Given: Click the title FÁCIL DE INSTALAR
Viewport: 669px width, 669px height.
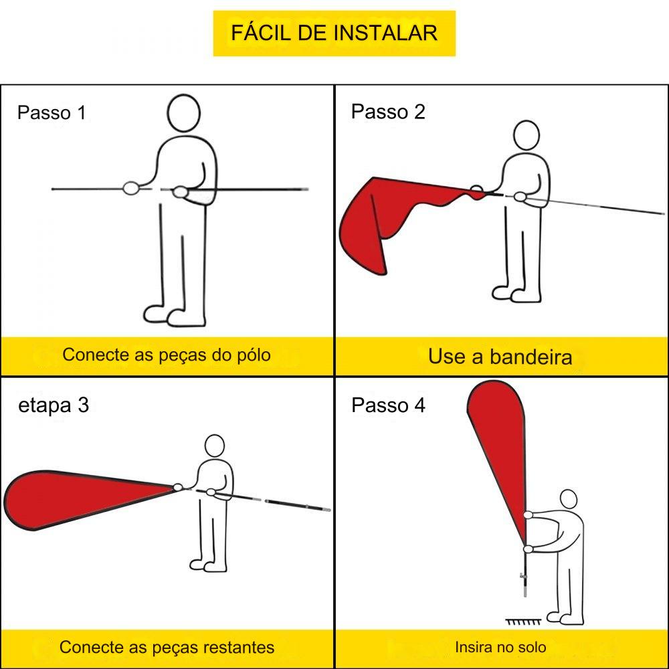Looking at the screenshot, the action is (334, 33).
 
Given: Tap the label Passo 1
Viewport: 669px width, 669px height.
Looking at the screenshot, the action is (52, 113).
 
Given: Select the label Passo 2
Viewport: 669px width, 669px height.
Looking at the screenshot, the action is (388, 112).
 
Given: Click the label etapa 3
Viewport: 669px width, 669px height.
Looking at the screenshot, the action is (54, 405).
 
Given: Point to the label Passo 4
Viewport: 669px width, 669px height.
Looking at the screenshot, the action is (388, 405).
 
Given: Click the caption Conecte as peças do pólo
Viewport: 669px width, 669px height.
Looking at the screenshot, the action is (167, 355).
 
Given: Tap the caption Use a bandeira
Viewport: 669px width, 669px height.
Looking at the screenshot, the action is (500, 357).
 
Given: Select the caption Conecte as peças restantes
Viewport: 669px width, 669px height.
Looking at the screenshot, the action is (167, 647).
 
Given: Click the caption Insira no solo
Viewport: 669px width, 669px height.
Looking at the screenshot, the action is (500, 647).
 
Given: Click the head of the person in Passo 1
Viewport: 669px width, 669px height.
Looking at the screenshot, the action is (184, 113).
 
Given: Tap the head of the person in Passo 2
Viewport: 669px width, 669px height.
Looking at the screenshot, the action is (527, 135).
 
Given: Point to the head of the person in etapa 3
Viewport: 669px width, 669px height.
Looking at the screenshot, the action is (215, 446).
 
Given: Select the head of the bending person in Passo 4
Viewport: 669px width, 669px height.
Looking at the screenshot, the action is (568, 500).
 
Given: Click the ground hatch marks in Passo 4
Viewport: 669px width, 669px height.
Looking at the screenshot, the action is (523, 622).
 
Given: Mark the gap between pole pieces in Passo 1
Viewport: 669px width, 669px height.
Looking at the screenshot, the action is (156, 189).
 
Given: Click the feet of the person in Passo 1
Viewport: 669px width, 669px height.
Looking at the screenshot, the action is (174, 316).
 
